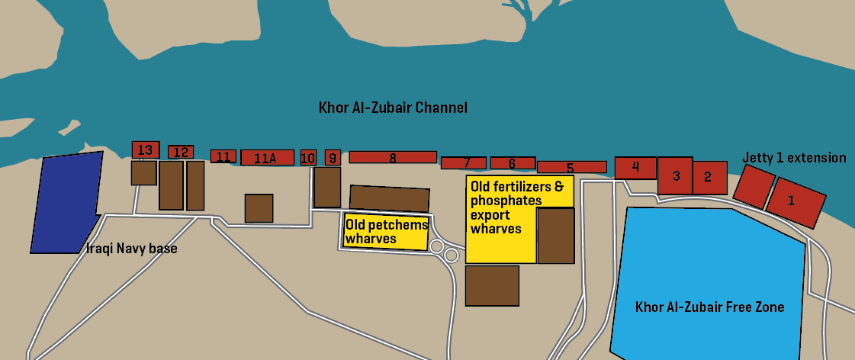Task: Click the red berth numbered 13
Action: pyautogui.click(x=145, y=149)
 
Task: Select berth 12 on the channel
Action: pyautogui.click(x=181, y=152)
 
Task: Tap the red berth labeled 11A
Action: pyautogui.click(x=267, y=158)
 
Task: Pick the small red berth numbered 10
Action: pyautogui.click(x=308, y=158)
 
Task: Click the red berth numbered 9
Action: pyautogui.click(x=333, y=158)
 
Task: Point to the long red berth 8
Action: pyautogui.click(x=393, y=157)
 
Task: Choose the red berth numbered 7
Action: pyautogui.click(x=463, y=162)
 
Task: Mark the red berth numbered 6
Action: pyautogui.click(x=512, y=163)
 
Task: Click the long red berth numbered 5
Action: pyautogui.click(x=571, y=167)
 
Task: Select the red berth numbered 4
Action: pyautogui.click(x=635, y=167)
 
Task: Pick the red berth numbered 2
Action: pyautogui.click(x=709, y=178)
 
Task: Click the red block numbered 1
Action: pyautogui.click(x=796, y=201)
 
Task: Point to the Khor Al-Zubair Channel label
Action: pyautogui.click(x=393, y=108)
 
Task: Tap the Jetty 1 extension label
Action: pyautogui.click(x=794, y=158)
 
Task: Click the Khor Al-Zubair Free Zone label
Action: pyautogui.click(x=709, y=307)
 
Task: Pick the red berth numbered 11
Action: pyautogui.click(x=223, y=156)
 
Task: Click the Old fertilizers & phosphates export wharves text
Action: pyautogui.click(x=517, y=207)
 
